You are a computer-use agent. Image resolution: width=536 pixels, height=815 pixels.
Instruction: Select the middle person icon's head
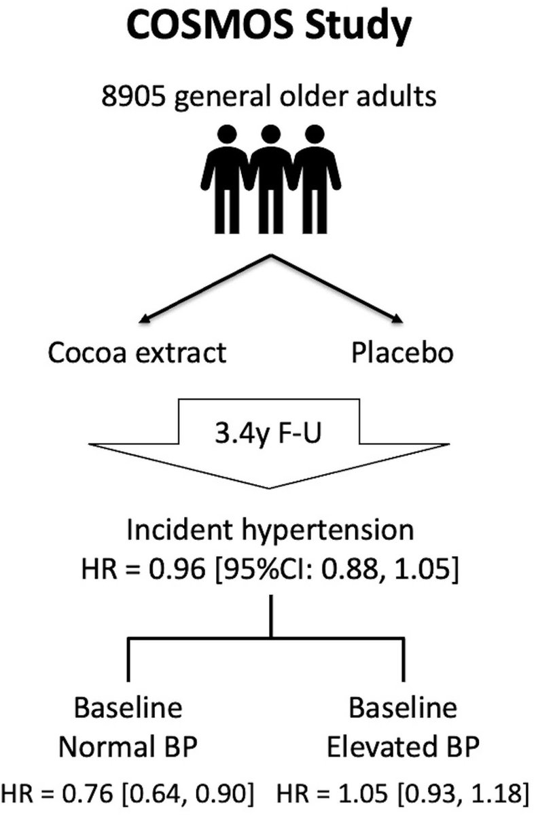pos(271,135)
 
